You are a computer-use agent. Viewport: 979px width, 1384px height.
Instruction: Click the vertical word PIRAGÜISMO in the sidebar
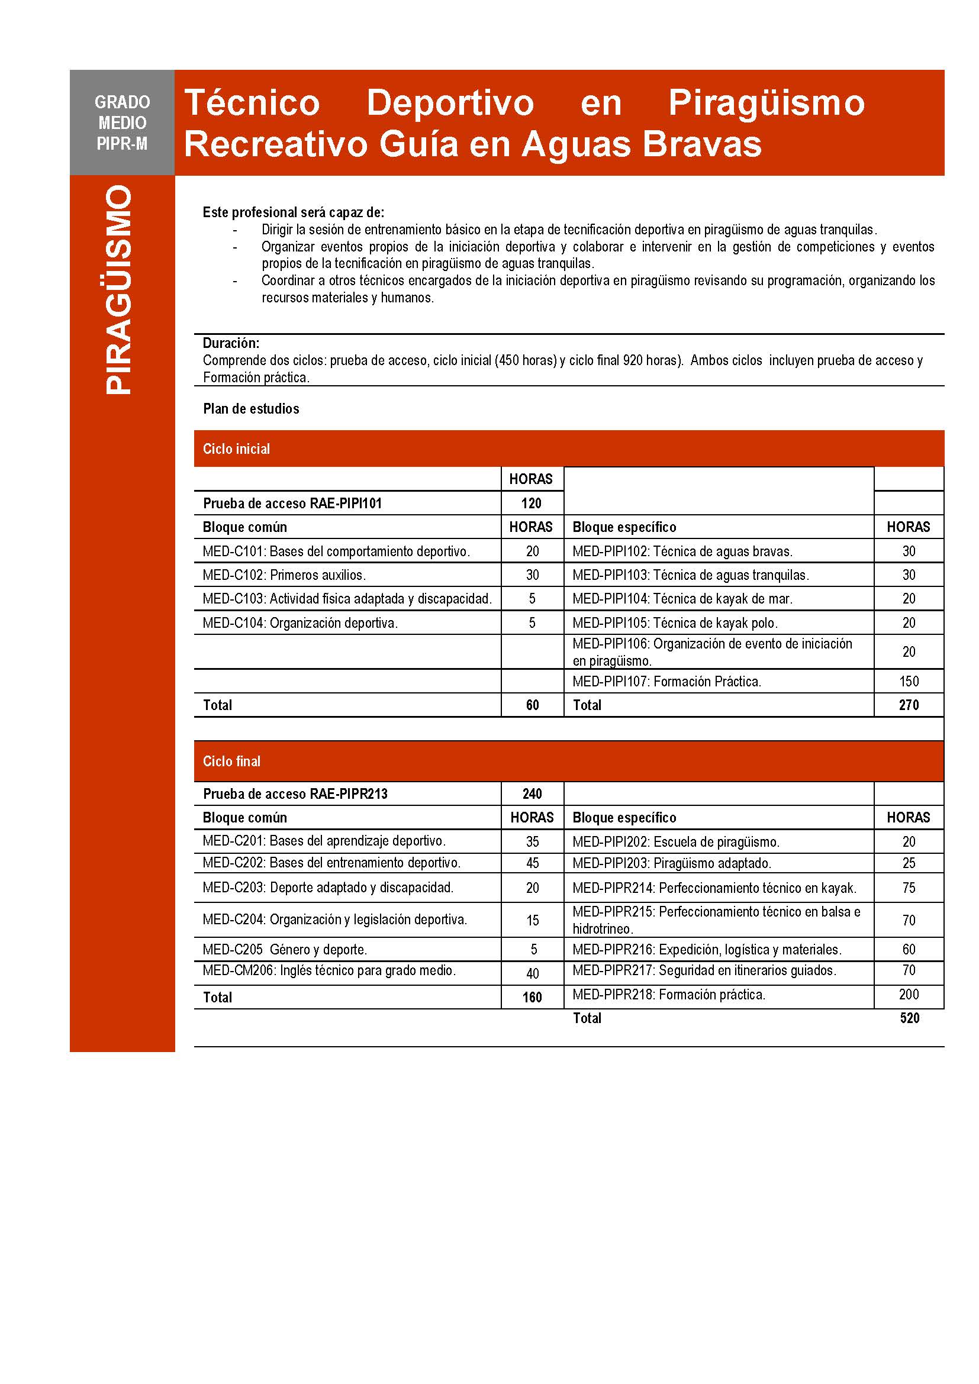pos(119,290)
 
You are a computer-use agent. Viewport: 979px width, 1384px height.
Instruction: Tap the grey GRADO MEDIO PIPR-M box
pos(122,122)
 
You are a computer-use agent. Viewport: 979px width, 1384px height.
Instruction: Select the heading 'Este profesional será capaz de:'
pos(293,212)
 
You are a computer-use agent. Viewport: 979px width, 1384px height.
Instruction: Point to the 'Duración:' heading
pos(231,343)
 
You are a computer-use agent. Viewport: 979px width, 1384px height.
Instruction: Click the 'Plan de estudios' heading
pos(251,409)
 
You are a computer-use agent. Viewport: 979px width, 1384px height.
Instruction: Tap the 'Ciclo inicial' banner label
pos(236,449)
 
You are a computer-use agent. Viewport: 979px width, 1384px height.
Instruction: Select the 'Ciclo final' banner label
pos(231,762)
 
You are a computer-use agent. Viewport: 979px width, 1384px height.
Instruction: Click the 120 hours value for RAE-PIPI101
pos(532,504)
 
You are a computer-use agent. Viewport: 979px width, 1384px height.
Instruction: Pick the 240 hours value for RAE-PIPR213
pos(532,794)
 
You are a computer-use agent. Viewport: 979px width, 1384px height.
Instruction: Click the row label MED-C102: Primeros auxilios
pos(284,575)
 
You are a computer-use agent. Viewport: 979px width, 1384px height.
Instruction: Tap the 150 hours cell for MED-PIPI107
pos(909,681)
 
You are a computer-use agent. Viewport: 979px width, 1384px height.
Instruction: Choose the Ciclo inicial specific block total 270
pos(909,705)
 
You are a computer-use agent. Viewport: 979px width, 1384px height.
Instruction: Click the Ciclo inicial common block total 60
pos(532,705)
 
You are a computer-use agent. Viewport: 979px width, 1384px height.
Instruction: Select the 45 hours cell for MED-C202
pos(532,863)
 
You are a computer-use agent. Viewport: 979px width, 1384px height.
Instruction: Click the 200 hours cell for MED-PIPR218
pos(909,995)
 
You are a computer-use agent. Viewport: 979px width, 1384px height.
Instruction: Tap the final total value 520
pos(909,1018)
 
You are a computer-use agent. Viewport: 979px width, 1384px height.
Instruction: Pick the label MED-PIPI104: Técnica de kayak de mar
pos(682,599)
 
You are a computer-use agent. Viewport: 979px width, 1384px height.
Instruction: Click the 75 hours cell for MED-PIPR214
pos(909,888)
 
